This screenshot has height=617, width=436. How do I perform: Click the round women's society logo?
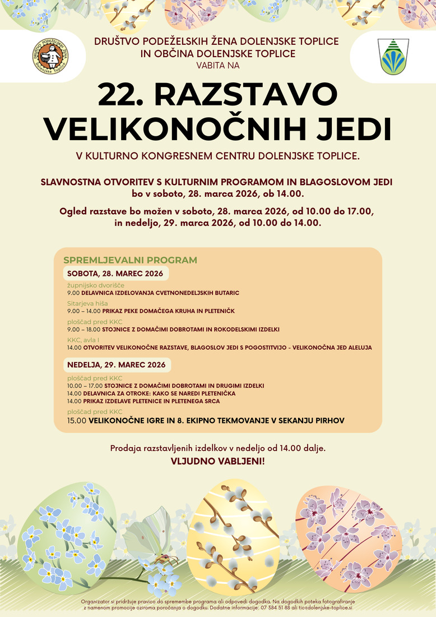pyautogui.click(x=50, y=57)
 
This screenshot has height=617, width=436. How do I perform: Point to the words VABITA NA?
pyautogui.click(x=218, y=65)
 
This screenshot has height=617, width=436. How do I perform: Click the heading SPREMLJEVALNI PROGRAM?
pyautogui.click(x=130, y=260)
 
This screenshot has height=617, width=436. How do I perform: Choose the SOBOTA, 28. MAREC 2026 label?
pyautogui.click(x=115, y=274)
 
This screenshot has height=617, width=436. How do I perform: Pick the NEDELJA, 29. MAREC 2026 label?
pyautogui.click(x=117, y=365)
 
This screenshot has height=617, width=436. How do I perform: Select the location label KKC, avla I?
pyautogui.click(x=84, y=340)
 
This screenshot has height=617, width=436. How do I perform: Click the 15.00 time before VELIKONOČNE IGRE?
pyautogui.click(x=76, y=420)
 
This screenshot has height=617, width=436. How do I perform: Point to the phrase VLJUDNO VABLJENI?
pyautogui.click(x=218, y=462)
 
